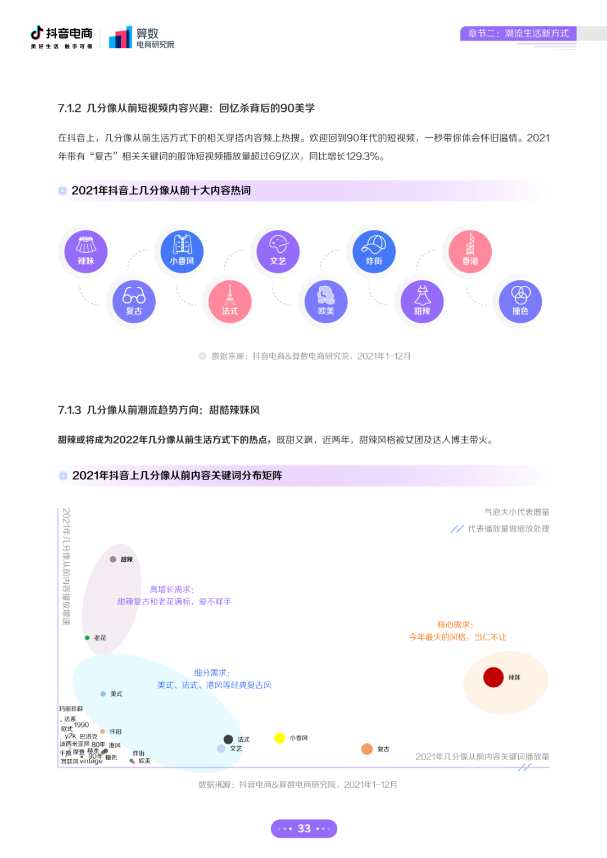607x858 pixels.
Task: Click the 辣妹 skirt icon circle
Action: (x=86, y=251)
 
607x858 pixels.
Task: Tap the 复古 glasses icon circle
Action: (x=134, y=301)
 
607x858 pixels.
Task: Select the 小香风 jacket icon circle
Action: (x=182, y=251)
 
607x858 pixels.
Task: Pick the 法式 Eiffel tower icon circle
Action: (x=230, y=301)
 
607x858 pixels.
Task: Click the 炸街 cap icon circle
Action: (x=374, y=251)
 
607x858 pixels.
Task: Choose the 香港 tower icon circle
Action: (x=470, y=251)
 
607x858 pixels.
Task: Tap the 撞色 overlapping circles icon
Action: (x=520, y=301)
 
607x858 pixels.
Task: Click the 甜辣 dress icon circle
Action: (x=422, y=301)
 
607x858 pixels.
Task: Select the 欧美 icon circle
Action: (x=326, y=301)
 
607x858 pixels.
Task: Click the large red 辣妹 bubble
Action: (x=493, y=677)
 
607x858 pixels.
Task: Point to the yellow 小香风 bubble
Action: (x=280, y=738)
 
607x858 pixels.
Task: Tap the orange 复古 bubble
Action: (x=367, y=749)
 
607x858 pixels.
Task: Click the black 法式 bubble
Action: (x=228, y=739)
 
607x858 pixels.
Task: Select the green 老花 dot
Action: (x=87, y=638)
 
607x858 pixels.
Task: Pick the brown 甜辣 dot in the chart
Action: (x=113, y=559)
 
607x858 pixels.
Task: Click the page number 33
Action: (x=304, y=828)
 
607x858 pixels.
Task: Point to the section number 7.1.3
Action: (x=70, y=410)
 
